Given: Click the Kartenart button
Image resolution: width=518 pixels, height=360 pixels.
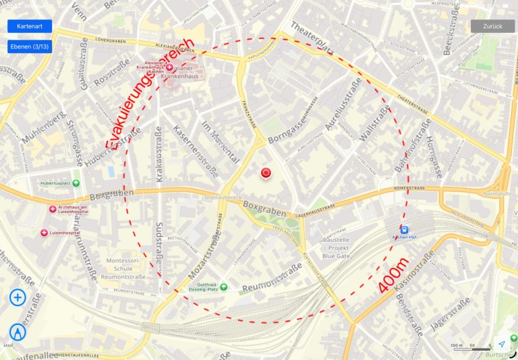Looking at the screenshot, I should coord(29,26).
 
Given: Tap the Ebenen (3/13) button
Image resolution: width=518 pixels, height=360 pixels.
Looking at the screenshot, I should coord(29,47).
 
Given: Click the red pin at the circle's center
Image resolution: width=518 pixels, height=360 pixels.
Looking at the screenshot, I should coord(266,173).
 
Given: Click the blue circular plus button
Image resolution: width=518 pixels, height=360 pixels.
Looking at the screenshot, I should coord(18,297).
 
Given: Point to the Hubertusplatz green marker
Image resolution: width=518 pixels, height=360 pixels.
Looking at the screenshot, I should coord(76,183).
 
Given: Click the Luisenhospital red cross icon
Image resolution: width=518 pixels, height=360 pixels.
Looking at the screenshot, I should coord(45,233).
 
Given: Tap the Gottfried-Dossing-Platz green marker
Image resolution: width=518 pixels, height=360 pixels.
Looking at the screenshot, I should coord(223,287).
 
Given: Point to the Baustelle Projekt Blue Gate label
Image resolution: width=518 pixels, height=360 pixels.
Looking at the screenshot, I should coord(335,247).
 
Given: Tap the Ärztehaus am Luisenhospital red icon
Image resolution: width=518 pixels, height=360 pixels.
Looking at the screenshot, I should coord(53,208).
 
